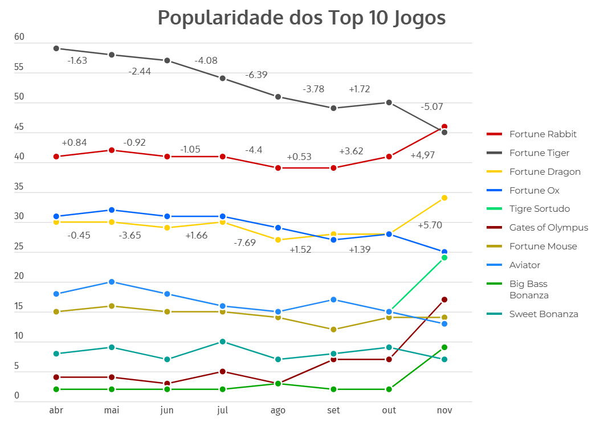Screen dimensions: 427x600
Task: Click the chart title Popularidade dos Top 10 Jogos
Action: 301,18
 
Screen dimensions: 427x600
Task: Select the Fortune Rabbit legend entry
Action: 542,134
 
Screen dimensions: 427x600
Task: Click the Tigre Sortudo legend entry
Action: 539,209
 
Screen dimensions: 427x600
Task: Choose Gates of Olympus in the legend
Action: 548,228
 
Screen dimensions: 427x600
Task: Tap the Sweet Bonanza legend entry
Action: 544,314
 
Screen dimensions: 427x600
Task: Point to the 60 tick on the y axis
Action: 19,37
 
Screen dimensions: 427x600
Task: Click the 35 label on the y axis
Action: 19,187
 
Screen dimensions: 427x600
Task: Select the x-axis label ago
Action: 278,410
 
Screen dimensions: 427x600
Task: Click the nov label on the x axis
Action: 444,410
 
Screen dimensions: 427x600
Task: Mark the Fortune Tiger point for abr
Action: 56,48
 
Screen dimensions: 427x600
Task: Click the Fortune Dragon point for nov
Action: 444,198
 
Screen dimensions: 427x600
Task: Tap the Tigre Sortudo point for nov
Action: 444,257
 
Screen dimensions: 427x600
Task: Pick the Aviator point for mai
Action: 112,282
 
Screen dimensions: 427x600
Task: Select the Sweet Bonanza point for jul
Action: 223,342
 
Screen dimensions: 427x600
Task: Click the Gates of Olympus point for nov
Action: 444,299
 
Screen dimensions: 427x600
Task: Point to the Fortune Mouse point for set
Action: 333,330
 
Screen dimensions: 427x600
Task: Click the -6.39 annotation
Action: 256,75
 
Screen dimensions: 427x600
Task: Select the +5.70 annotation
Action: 430,225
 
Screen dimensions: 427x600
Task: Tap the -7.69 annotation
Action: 245,243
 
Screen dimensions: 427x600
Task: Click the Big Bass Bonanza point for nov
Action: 444,347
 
